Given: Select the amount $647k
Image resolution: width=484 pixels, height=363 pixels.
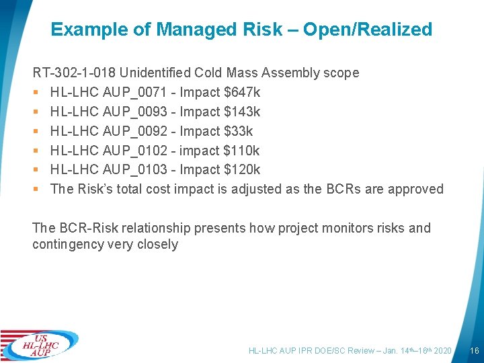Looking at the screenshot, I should (x=242, y=92).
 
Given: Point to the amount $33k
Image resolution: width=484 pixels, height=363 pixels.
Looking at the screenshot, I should (x=238, y=131).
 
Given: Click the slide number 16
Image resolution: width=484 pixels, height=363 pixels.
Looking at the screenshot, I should (x=474, y=351).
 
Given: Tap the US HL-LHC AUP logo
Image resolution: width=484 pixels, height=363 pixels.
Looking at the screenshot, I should (x=40, y=345).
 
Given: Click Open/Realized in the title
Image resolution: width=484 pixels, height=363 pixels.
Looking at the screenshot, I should (x=368, y=30).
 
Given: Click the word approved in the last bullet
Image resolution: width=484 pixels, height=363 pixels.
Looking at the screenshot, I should (x=418, y=189).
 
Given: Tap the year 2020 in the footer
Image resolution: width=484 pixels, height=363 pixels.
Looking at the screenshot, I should (x=442, y=351).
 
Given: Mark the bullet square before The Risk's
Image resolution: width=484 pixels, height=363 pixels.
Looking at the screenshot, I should (x=36, y=190).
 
